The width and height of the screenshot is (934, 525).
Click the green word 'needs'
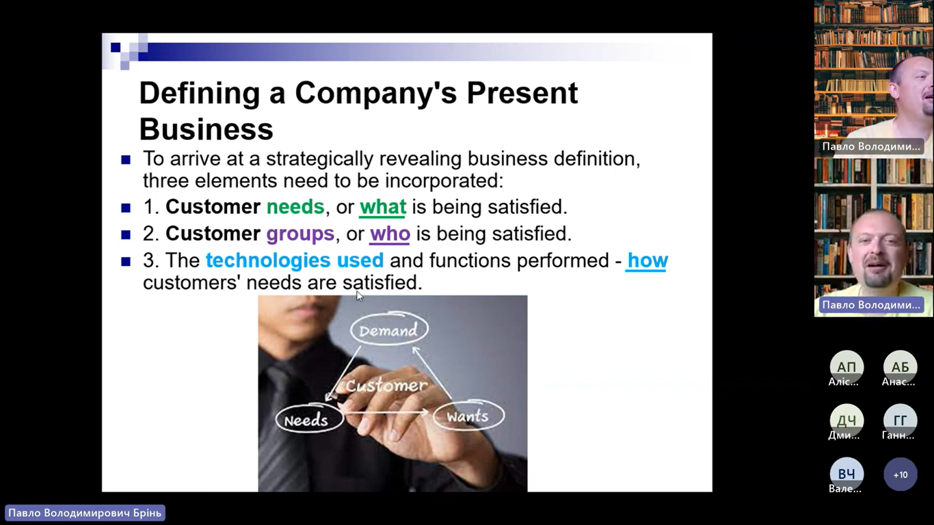(295, 207)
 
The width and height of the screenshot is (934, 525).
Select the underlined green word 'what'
(383, 207)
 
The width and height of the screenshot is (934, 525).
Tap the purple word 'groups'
(300, 234)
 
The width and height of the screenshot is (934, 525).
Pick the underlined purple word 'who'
(390, 234)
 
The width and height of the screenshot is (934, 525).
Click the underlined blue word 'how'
(648, 260)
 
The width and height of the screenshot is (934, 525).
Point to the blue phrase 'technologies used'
(295, 260)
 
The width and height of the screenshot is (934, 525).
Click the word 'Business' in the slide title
(206, 129)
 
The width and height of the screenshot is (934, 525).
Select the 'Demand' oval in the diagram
(389, 329)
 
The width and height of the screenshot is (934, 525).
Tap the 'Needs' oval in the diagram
(309, 418)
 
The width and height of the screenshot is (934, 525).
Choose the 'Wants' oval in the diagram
(469, 416)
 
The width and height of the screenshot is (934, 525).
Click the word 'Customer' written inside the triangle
(386, 386)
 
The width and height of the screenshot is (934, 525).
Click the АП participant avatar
(846, 367)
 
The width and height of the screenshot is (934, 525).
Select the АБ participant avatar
(900, 367)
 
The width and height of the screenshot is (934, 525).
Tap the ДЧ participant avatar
(846, 420)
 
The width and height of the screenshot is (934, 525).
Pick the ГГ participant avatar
(900, 420)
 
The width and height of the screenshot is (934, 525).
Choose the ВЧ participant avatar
(846, 474)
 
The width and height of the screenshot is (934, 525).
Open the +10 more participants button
(900, 474)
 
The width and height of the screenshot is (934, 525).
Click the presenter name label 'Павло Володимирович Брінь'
(85, 513)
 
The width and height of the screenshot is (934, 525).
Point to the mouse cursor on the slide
(360, 295)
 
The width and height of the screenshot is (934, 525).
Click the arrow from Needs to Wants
(385, 412)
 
